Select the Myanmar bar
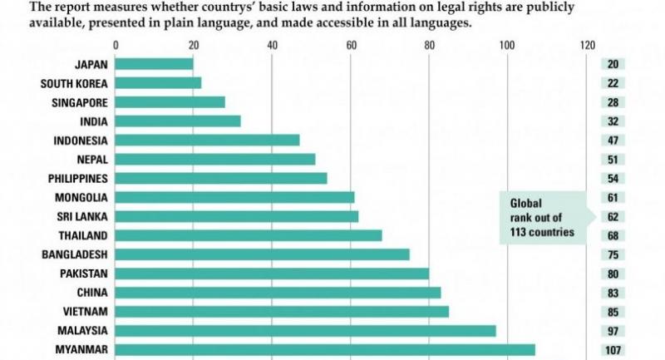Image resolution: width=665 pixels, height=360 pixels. click(325, 350)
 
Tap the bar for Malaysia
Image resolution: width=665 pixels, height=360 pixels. click(305, 331)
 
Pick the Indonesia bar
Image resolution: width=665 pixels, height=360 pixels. click(207, 140)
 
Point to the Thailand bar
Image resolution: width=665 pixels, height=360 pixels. click(248, 235)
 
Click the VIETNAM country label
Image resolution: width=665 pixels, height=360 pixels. click(85, 312)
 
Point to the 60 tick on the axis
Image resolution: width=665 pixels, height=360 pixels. click(351, 44)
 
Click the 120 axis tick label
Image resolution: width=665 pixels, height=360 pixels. click(588, 44)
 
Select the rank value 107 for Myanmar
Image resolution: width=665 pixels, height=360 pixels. click(614, 350)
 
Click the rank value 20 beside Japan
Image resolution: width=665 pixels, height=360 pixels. click(614, 64)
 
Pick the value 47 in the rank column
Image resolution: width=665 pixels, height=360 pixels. click(614, 140)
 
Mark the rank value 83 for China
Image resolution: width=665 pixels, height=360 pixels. click(614, 293)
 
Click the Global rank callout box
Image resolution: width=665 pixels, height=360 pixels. click(541, 217)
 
